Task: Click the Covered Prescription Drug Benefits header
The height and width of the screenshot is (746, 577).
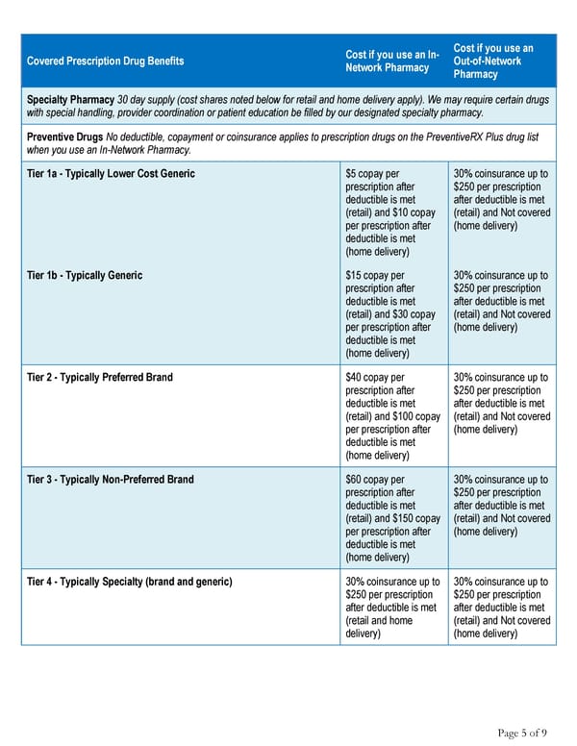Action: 105,62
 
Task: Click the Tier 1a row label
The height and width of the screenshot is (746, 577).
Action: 111,174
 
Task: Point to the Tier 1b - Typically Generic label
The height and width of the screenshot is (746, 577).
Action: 85,276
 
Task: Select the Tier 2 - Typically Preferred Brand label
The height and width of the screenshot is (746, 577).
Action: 100,378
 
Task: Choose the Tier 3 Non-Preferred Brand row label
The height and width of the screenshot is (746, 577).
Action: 111,480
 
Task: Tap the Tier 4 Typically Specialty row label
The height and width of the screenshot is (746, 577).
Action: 130,582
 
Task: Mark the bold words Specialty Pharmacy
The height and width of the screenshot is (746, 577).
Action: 70,100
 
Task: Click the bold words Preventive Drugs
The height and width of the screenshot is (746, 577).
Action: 65,137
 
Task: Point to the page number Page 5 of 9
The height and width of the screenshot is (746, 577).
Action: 522,734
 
